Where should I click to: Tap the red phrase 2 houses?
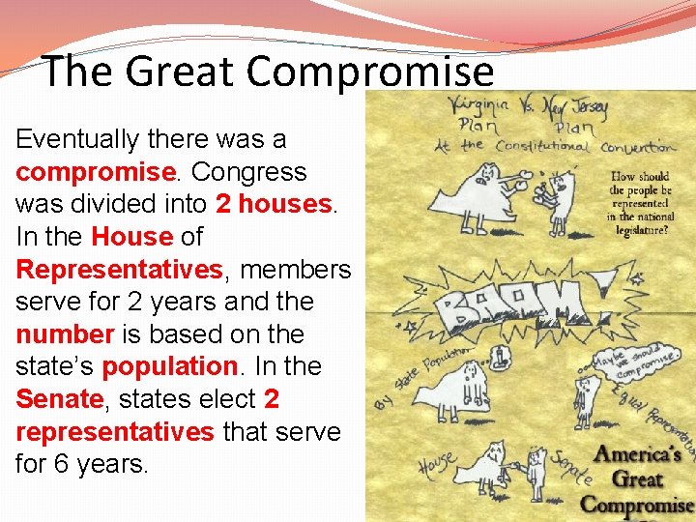(x=274, y=204)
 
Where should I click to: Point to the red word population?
(x=169, y=367)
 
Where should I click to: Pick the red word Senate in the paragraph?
(x=59, y=399)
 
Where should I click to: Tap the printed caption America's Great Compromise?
(x=637, y=478)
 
